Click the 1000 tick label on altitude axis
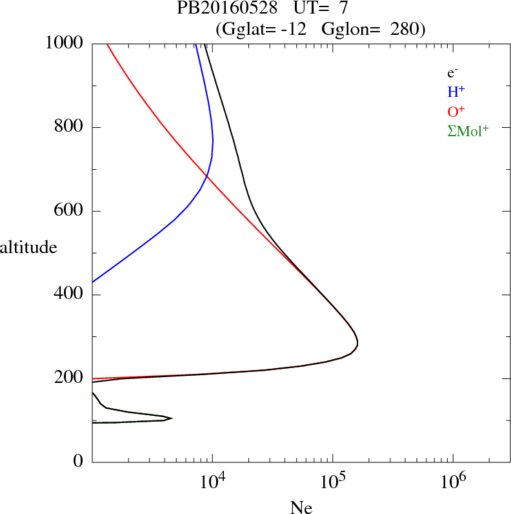pos(65,43)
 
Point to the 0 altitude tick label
pos(78,462)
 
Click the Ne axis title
pos(301,508)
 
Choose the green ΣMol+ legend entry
pos(468,130)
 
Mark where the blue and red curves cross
pos(206,176)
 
